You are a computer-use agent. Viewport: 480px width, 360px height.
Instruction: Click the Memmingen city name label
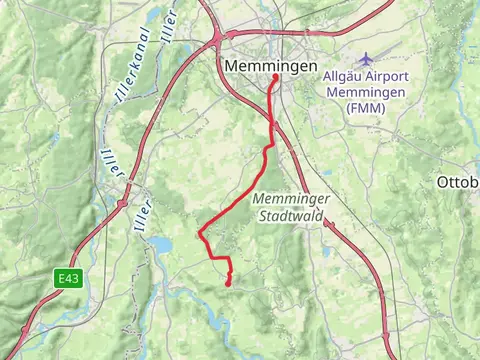tap(272, 66)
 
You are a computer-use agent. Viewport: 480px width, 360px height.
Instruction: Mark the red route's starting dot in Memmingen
tap(275, 77)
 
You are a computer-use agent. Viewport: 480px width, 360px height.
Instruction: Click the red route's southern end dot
tap(229, 284)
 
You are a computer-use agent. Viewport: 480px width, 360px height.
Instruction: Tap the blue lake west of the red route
tap(160, 242)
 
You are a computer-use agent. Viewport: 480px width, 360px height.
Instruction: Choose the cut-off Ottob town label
tap(458, 182)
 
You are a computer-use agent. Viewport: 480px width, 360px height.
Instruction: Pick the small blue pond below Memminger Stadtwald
tap(326, 252)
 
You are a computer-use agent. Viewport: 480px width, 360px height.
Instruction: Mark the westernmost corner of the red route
tap(200, 236)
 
